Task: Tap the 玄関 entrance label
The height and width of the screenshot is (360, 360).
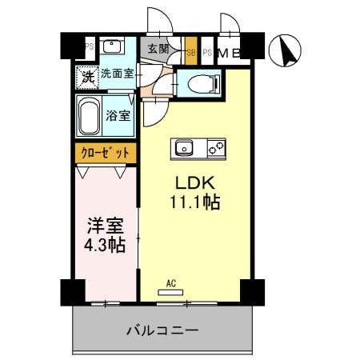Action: [158, 49]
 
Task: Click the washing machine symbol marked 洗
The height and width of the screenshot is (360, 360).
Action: [86, 77]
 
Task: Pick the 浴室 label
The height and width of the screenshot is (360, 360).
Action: [119, 114]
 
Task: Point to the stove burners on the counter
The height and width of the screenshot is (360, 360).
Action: [216, 147]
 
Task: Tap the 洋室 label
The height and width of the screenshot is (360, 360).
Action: [105, 226]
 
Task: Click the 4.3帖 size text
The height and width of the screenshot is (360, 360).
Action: [105, 246]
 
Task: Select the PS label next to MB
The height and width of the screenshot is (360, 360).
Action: [207, 54]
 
